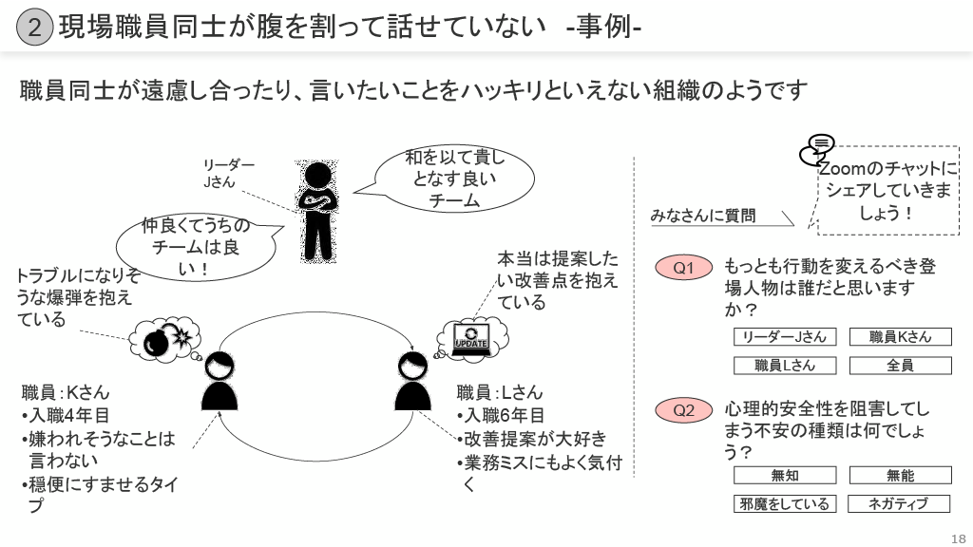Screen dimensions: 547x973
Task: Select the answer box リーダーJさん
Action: [785, 337]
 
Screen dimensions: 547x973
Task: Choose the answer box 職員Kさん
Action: [900, 337]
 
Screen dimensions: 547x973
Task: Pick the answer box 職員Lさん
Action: [785, 365]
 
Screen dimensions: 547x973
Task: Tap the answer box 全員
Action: [900, 365]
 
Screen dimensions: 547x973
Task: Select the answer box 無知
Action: [785, 476]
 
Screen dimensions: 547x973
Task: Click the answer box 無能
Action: [900, 476]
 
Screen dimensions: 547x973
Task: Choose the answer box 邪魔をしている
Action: [785, 504]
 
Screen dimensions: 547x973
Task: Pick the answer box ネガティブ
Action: [898, 504]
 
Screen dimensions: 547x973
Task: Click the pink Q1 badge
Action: [684, 269]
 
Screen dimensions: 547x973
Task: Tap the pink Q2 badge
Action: [684, 410]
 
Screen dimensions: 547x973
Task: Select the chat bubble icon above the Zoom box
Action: [817, 150]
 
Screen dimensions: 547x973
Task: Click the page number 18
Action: [957, 536]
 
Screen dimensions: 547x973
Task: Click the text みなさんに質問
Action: [703, 216]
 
